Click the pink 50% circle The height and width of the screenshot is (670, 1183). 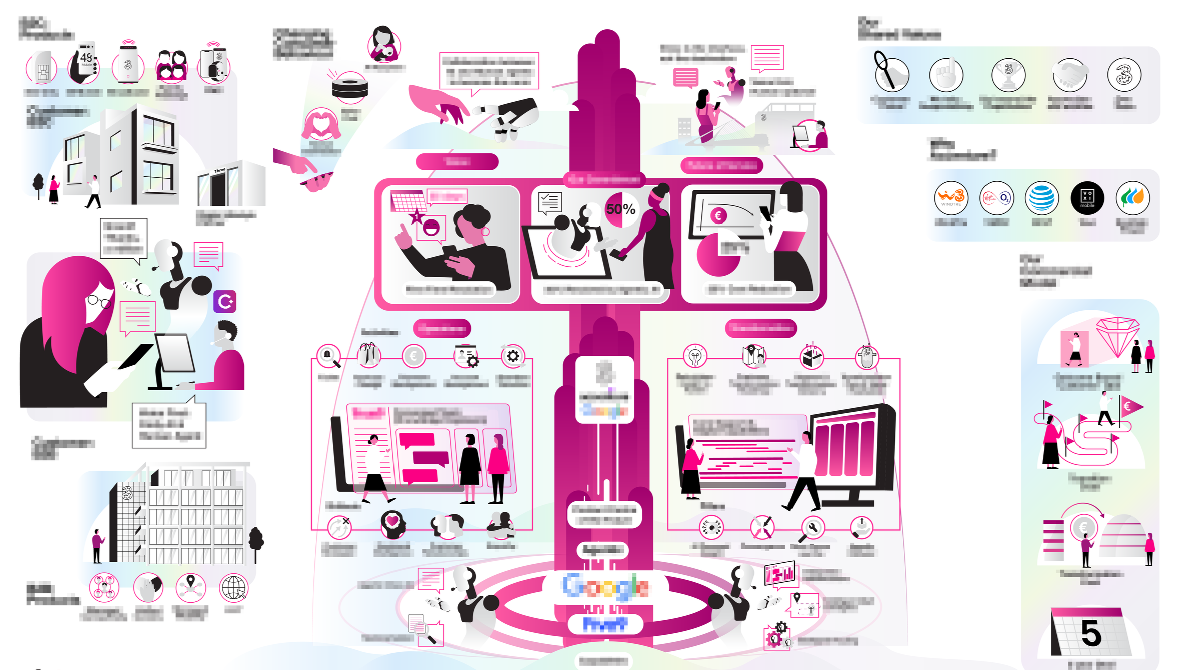621,209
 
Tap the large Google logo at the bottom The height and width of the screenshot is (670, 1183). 606,587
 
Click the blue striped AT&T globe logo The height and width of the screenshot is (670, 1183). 1042,198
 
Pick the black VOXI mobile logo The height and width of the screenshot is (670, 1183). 1087,198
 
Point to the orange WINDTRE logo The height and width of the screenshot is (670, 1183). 951,197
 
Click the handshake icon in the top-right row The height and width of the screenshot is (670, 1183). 1069,74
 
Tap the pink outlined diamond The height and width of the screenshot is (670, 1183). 1117,336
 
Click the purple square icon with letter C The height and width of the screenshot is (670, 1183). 224,302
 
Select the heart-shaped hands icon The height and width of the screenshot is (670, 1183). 321,125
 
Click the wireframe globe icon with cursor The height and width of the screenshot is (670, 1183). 234,587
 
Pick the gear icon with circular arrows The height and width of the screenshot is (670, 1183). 512,356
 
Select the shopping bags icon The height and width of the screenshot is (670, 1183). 368,355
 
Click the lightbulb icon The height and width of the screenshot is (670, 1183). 695,357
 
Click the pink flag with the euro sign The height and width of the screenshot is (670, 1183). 1131,406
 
